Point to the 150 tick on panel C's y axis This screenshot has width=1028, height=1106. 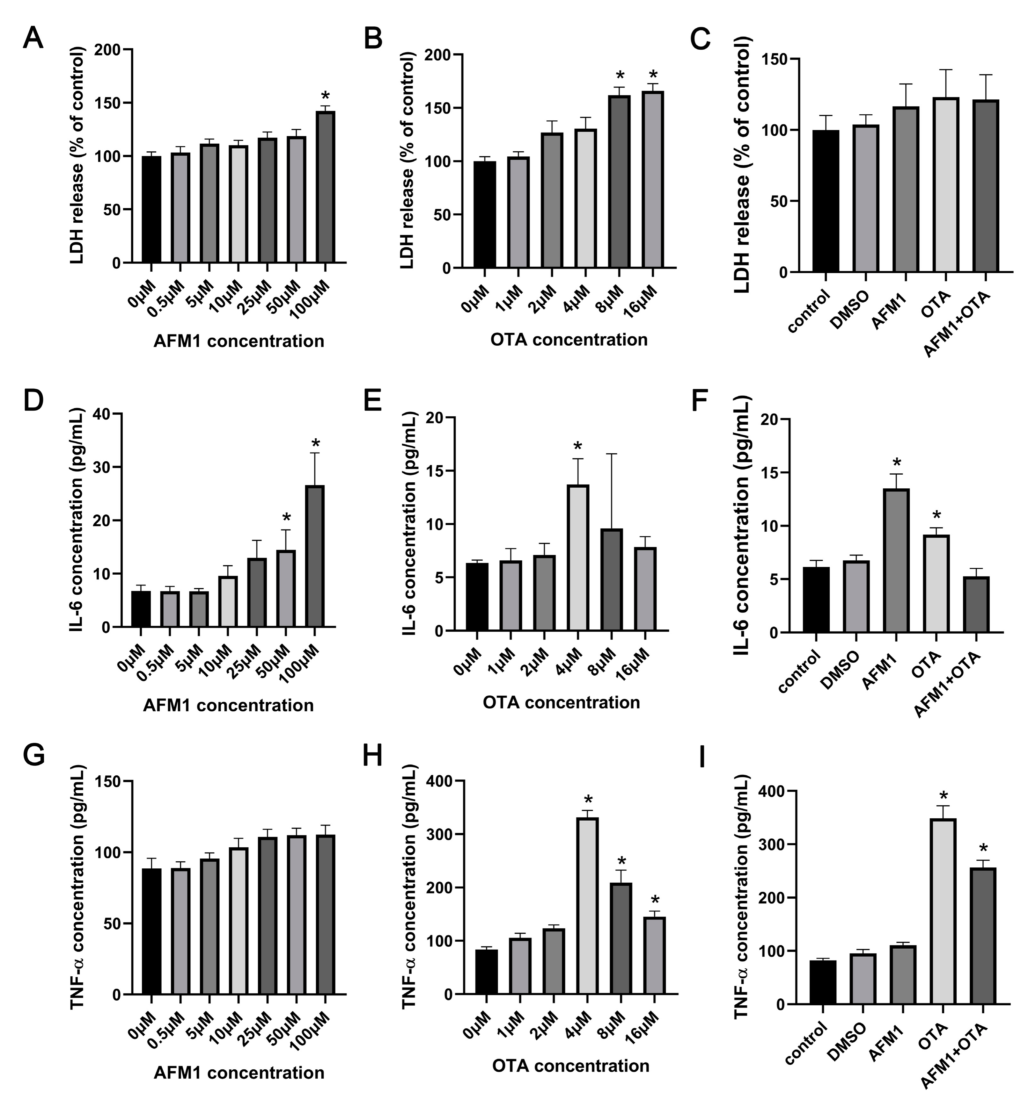[778, 59]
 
